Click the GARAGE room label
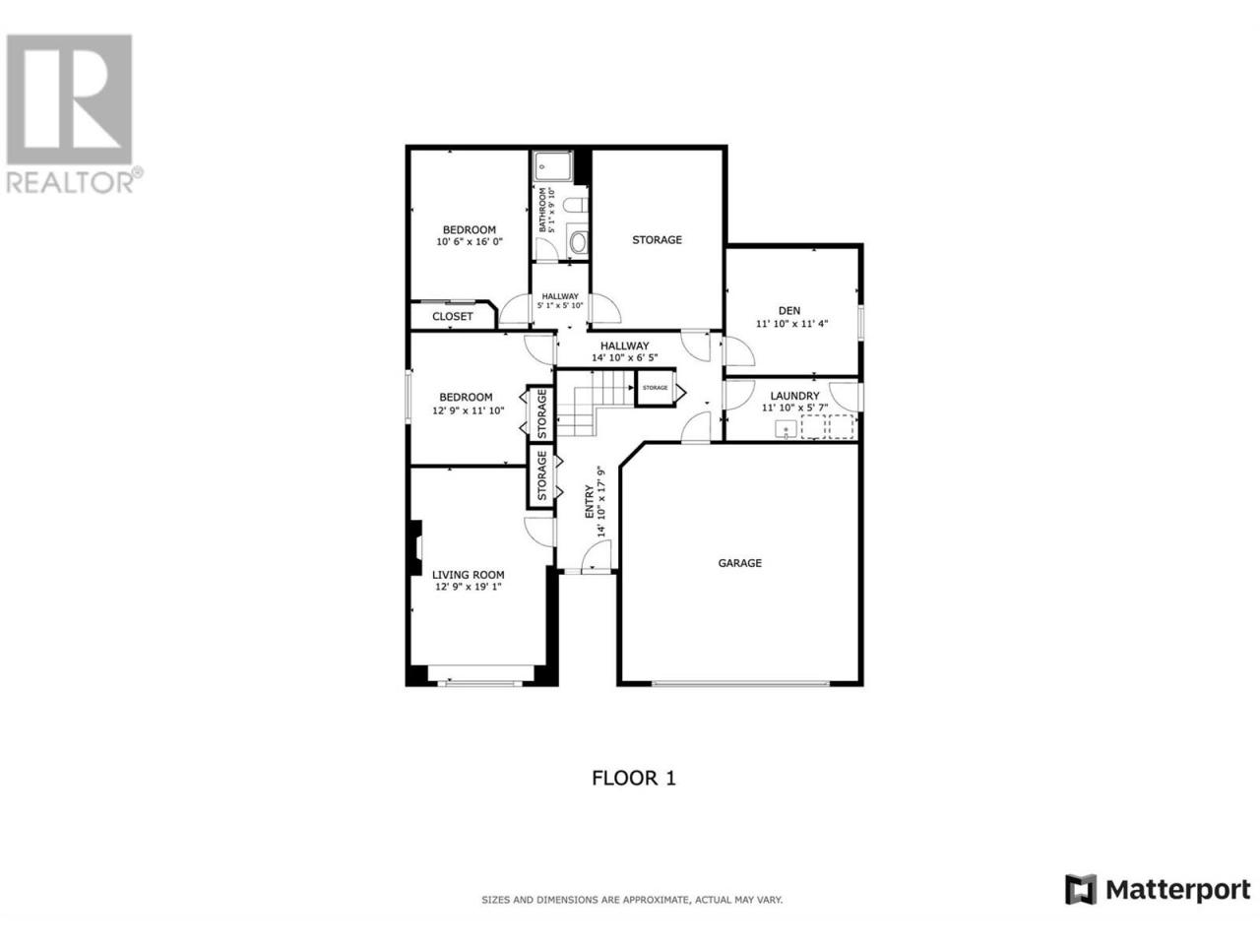(x=739, y=563)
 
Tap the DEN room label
(x=788, y=310)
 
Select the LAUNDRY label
(x=794, y=396)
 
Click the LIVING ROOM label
(x=468, y=574)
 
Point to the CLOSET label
(x=453, y=316)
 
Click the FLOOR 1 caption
(x=634, y=778)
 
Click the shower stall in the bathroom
(x=551, y=166)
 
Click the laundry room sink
(x=786, y=428)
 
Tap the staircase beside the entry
(x=595, y=404)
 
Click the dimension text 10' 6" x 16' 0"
(x=469, y=241)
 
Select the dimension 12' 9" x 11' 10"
(x=468, y=410)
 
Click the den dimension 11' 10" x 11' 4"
(x=791, y=323)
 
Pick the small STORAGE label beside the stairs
(x=655, y=388)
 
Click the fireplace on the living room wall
(x=415, y=546)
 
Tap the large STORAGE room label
(x=657, y=240)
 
